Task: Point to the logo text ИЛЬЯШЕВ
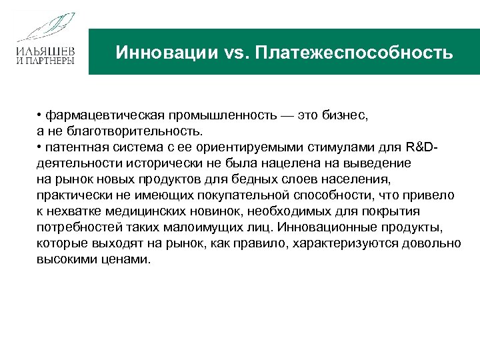pos(46,51)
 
